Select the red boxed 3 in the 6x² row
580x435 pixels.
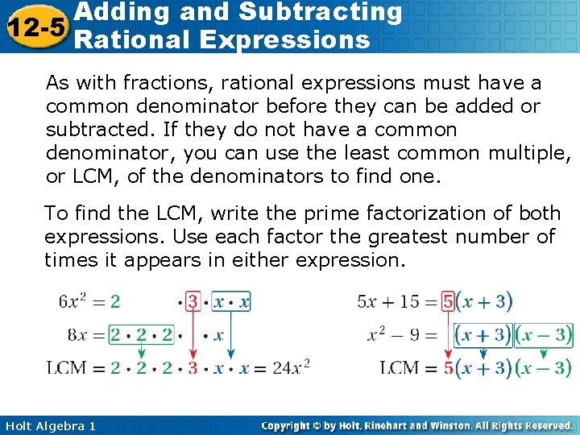pyautogui.click(x=193, y=301)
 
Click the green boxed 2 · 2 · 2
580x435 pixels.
pyautogui.click(x=141, y=334)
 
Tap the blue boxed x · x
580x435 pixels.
pyautogui.click(x=230, y=301)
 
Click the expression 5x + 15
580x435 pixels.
pyautogui.click(x=388, y=301)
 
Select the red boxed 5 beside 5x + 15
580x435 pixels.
pyautogui.click(x=448, y=301)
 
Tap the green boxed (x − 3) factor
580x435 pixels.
pyautogui.click(x=544, y=334)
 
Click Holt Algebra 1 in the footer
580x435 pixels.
pyautogui.click(x=49, y=425)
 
